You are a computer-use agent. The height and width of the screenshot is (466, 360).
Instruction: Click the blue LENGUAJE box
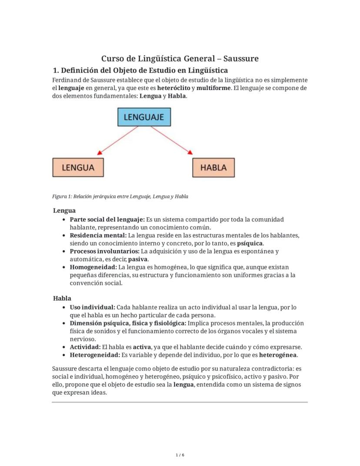(x=144, y=117)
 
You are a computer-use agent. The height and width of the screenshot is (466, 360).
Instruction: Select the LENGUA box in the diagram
(x=79, y=168)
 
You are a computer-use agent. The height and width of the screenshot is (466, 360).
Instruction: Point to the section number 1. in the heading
(x=56, y=70)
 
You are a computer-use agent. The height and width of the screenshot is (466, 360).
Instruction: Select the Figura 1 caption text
(x=120, y=196)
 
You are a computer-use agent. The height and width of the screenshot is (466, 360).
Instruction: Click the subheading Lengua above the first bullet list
(x=64, y=211)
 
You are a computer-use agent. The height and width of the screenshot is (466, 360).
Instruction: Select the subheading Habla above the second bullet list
(x=62, y=298)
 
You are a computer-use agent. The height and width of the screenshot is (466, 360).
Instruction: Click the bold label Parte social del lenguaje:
(x=107, y=219)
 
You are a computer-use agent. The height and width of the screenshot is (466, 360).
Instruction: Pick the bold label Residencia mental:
(x=98, y=235)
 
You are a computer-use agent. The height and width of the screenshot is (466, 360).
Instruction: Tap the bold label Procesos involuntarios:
(x=104, y=251)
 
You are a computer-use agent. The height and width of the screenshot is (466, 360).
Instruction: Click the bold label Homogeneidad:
(x=93, y=267)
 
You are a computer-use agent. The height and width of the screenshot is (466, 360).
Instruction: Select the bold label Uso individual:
(x=93, y=307)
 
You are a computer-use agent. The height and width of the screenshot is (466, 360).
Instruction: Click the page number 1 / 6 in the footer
(x=180, y=455)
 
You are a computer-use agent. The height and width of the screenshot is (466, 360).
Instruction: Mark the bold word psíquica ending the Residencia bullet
(x=250, y=243)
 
